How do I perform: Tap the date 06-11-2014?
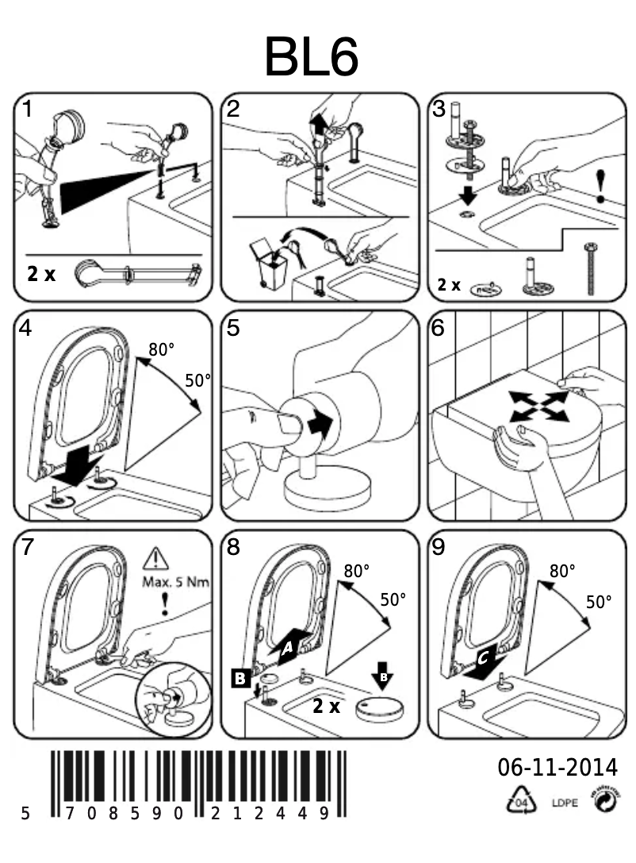(557, 768)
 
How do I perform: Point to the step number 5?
(232, 328)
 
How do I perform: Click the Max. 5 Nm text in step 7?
(175, 582)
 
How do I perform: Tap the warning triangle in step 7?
(155, 561)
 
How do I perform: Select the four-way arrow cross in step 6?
(538, 406)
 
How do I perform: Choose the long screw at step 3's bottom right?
(589, 271)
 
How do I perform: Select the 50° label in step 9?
(599, 602)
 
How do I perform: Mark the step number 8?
(232, 546)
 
